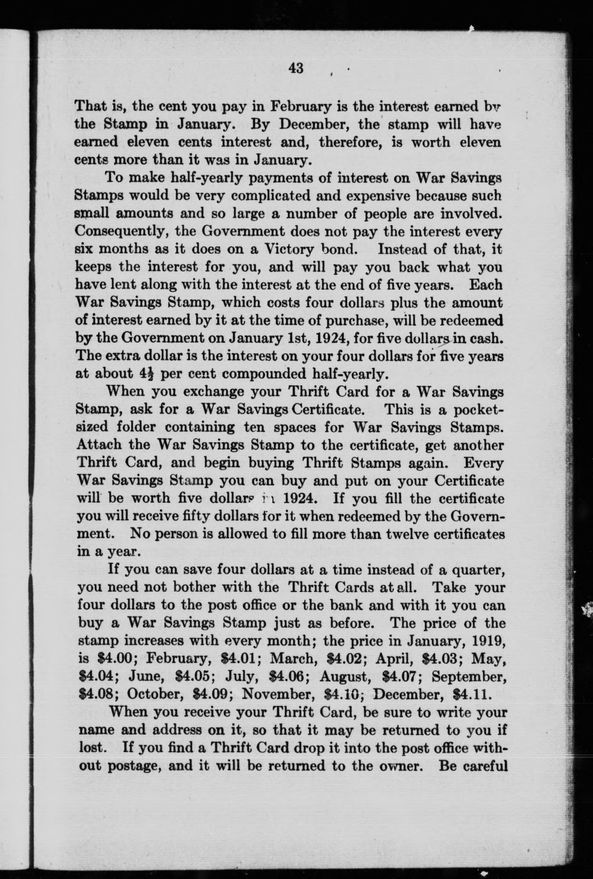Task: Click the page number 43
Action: (x=296, y=69)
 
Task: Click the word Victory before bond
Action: (x=289, y=249)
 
